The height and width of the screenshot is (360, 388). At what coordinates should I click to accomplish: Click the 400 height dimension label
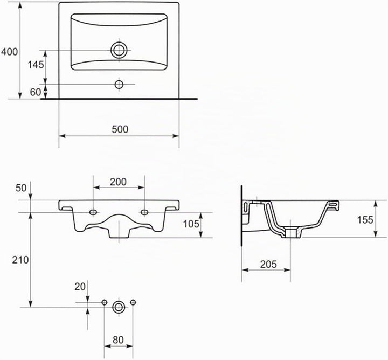coord(10,52)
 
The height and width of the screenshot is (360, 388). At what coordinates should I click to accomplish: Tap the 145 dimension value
coord(36,65)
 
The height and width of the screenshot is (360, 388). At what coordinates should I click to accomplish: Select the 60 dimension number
coord(36,92)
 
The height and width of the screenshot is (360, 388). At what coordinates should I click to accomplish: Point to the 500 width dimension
coord(120,129)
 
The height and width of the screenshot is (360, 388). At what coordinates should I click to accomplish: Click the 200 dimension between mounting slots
coord(118,182)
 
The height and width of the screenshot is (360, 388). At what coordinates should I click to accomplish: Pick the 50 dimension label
coord(21,188)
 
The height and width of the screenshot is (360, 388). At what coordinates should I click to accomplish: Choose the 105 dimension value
coord(191,224)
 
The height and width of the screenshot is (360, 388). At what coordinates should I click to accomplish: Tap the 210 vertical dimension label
coord(20,260)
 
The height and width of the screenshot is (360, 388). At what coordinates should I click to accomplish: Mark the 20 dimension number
coord(80,287)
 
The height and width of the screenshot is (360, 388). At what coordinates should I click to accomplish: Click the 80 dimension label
coord(118,340)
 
